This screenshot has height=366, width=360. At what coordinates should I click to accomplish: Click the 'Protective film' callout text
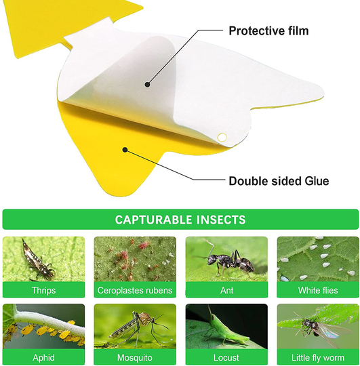268,30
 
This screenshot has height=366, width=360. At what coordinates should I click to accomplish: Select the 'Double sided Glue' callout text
279,181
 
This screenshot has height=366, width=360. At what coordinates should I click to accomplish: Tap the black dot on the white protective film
147,84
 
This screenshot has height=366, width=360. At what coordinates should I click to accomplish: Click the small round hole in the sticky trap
221,138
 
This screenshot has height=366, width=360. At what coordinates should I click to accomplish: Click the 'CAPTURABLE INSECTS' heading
180,220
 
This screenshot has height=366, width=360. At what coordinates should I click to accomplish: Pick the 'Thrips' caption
44,291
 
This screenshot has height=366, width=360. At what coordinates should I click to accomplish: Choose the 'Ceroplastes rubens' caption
135,291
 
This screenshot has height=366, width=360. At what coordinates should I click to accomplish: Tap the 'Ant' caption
226,291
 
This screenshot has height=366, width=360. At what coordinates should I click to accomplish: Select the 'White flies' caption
318,291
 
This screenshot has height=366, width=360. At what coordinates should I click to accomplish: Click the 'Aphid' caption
44,357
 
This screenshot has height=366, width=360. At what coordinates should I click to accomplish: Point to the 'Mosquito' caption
135,357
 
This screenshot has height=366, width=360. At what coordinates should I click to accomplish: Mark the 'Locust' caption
226,357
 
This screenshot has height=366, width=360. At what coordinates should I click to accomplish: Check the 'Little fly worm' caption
318,357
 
